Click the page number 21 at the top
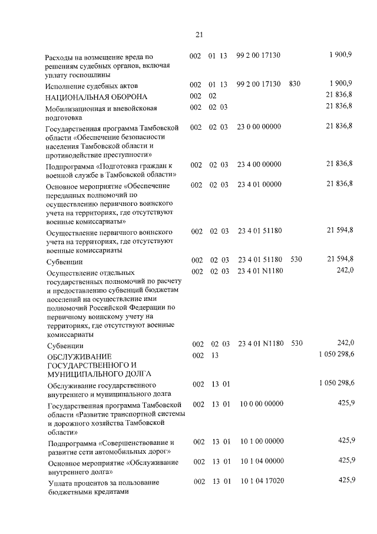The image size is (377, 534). point(199,34)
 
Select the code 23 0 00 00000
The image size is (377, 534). point(259,127)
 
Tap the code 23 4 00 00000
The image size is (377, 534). point(259,163)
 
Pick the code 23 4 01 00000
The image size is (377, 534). point(259,185)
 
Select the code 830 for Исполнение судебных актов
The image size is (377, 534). point(295,84)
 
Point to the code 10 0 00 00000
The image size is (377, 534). point(262,404)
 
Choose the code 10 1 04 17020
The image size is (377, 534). point(262,481)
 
